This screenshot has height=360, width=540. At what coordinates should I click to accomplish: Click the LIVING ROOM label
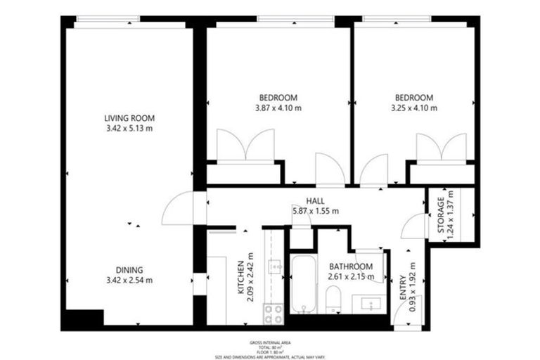[x=129, y=118]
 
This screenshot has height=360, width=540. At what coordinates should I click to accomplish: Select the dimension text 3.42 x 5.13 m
[x=129, y=128]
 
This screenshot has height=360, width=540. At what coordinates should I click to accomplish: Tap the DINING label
[x=129, y=270]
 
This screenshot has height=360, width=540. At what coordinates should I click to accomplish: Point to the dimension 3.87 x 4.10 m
[x=278, y=108]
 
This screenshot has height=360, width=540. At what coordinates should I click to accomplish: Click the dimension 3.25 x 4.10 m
[x=413, y=108]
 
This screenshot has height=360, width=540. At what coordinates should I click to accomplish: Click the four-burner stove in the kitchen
[x=273, y=313]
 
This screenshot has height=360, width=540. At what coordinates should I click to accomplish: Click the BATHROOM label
[x=350, y=266]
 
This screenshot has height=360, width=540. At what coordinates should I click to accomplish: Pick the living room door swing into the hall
[x=177, y=210]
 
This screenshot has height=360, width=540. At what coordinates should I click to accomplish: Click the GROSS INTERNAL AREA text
[x=269, y=342]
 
